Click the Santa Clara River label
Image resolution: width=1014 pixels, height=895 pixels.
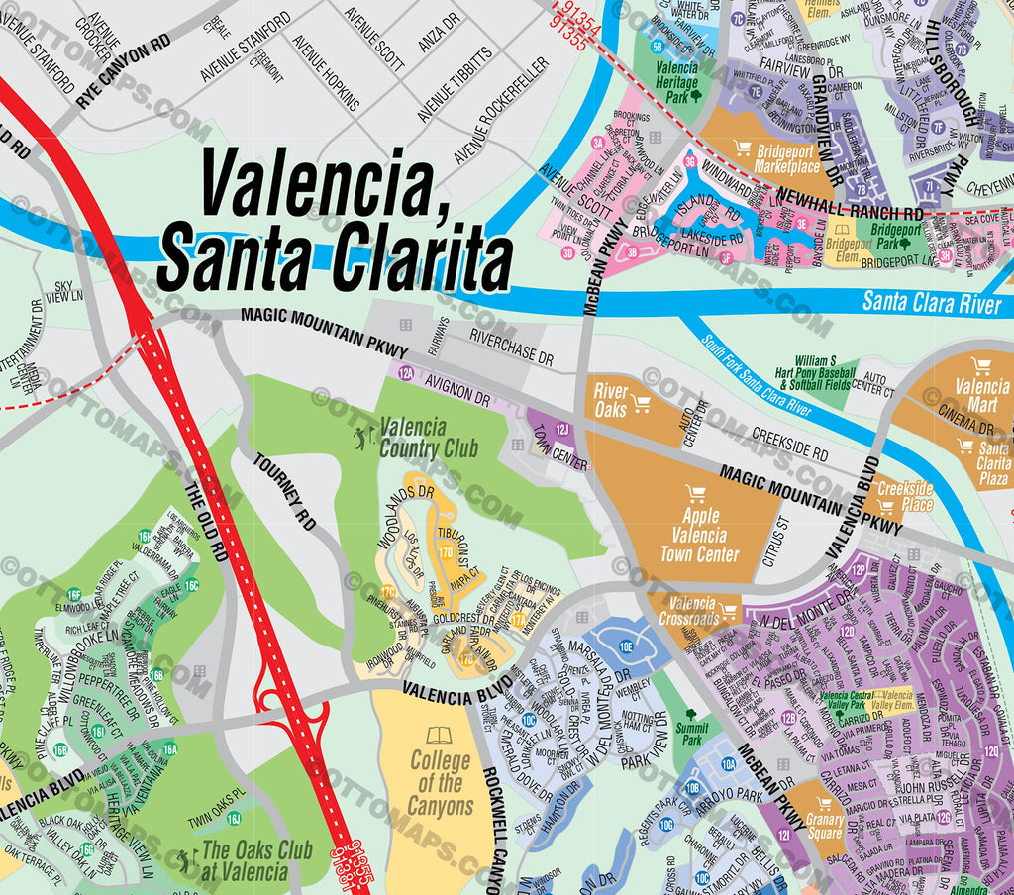(x=931, y=302)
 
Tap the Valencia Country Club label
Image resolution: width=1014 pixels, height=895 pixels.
(x=428, y=438)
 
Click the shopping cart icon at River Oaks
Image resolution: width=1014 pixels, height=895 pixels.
(x=641, y=403)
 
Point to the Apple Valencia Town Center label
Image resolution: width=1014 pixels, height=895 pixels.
(x=699, y=535)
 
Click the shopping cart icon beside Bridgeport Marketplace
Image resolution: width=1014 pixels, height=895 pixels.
(x=742, y=149)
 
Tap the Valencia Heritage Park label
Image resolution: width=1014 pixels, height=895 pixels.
(x=676, y=83)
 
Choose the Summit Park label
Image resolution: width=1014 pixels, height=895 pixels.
(x=691, y=734)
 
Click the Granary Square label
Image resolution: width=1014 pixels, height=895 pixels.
(x=824, y=826)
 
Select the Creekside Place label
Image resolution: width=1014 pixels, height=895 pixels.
(x=905, y=496)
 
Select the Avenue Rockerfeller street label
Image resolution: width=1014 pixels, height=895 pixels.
(x=500, y=110)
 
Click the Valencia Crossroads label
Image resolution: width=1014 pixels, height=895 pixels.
(x=693, y=611)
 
